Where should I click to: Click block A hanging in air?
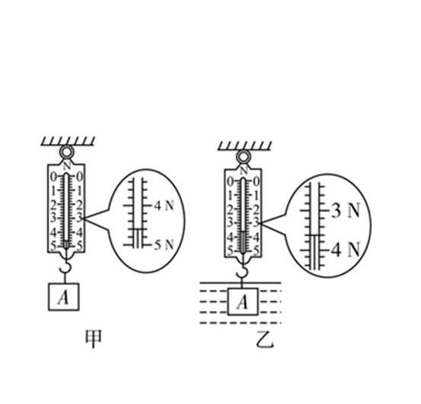click(64, 297)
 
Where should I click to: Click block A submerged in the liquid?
click(243, 302)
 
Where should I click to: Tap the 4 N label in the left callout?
click(164, 206)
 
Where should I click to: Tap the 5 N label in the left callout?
click(164, 245)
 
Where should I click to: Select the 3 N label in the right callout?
click(346, 211)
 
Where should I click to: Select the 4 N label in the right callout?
click(346, 250)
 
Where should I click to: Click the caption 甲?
click(93, 339)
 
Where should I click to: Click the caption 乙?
click(265, 339)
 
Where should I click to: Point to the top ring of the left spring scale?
click(66, 152)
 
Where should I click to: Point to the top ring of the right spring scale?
click(244, 157)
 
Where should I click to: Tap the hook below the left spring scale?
click(66, 267)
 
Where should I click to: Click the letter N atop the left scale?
click(67, 166)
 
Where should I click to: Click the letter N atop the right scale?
click(244, 170)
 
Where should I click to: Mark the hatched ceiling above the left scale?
click(68, 141)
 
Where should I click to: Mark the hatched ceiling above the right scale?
click(245, 145)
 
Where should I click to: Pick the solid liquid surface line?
click(241, 283)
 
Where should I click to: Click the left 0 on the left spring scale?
click(54, 177)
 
